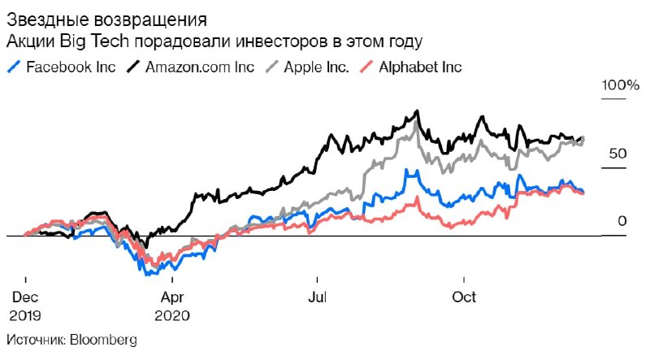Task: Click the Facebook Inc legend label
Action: [x=71, y=67]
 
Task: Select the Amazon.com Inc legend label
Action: [x=200, y=67]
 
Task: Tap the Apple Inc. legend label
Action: [x=316, y=67]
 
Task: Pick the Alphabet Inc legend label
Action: [x=420, y=67]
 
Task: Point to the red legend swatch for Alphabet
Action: [x=366, y=67]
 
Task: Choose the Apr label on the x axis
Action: [x=171, y=297]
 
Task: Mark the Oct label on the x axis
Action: [x=464, y=297]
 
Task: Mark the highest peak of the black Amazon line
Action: [x=417, y=111]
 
